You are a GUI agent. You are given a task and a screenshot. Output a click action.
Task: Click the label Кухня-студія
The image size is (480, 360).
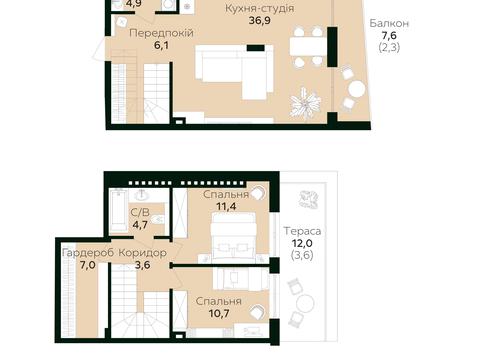pos(259,8)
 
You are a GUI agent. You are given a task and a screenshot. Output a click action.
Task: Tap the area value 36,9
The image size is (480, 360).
pos(260,20)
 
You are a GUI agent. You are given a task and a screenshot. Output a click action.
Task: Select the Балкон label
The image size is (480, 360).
pos(389,23)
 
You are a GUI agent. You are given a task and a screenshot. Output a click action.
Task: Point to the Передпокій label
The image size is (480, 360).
pos(161,33)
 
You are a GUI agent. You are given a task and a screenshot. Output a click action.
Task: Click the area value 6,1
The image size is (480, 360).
pos(161,45)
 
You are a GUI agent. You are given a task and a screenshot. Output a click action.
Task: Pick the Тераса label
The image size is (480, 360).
pos(302,231)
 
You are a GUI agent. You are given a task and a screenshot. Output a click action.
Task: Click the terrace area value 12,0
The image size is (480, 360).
pos(302,243)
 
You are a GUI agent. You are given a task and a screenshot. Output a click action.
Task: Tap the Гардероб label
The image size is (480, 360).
pos(88,253)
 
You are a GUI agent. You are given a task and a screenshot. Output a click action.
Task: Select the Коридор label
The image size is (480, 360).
pos(143,253)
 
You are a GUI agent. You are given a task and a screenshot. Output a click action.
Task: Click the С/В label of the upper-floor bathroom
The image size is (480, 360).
pos(140,212)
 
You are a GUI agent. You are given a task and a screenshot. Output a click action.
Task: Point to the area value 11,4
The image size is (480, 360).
pos(226,206)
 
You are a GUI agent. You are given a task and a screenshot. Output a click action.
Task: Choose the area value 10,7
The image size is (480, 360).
pos(219,313)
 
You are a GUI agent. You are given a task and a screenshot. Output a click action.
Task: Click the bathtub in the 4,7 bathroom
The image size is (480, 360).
pos(119,210)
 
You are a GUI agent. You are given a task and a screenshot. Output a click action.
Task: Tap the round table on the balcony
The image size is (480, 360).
pos(357,89)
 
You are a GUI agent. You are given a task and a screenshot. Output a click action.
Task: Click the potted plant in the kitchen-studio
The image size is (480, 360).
pos(305,103)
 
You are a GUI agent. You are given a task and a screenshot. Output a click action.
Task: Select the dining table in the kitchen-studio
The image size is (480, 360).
pos(308,46)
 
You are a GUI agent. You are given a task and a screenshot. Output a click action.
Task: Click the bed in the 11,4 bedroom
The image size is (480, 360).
pos(234,236)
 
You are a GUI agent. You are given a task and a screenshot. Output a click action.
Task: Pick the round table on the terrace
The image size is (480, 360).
pos(305,303)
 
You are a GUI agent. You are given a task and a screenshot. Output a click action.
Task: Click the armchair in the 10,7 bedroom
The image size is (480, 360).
pos(258,312)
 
